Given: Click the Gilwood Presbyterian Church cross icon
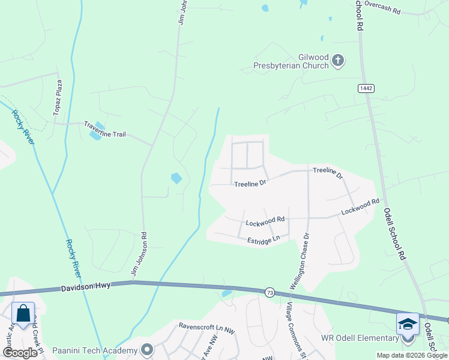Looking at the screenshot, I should pos(338,60).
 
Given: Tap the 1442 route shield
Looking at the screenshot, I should pos(366,88).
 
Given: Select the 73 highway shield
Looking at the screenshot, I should pos(270,292).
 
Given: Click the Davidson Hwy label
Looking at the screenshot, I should pos(85,288).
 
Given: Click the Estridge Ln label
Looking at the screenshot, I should pos(264,240).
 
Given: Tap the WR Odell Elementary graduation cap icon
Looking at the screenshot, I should pos(408,324).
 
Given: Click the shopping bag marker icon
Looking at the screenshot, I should pos(23,314).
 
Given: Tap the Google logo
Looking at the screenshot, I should pos(20,353).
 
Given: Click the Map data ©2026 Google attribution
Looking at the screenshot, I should pos(411,355).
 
